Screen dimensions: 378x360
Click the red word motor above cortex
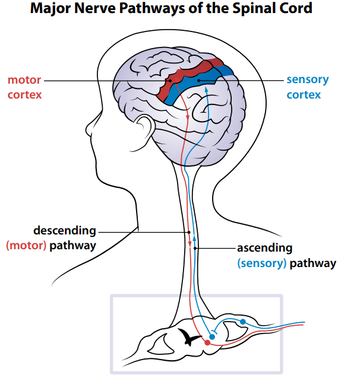click(x=24, y=80)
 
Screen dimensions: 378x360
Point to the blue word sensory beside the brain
click(x=307, y=80)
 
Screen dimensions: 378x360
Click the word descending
click(x=64, y=230)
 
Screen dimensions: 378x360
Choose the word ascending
click(x=265, y=248)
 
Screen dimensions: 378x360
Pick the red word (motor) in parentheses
click(x=26, y=245)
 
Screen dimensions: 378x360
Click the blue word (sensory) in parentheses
click(x=262, y=263)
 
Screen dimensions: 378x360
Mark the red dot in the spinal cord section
click(x=207, y=342)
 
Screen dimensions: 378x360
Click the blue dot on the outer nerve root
click(x=242, y=322)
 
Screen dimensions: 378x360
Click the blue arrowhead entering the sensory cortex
click(x=206, y=90)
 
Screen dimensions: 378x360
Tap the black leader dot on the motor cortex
click(x=170, y=80)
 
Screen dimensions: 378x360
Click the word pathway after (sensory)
click(x=314, y=263)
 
